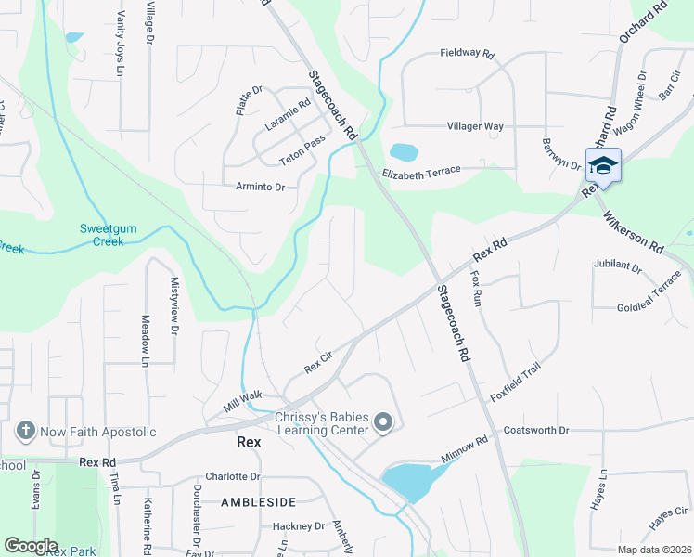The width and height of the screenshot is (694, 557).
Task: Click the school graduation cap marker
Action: tap(603, 166)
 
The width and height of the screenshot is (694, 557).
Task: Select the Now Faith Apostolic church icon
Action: tap(26, 432)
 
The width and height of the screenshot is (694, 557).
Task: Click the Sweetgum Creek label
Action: tap(102, 235)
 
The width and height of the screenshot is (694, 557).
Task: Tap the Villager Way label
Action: tap(475, 126)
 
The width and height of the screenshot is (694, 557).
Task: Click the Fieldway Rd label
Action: tap(467, 53)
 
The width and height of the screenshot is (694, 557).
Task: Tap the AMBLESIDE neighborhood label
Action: tap(258, 502)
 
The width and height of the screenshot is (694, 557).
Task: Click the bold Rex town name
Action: tap(249, 443)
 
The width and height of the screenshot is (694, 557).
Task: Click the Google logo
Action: tap(31, 546)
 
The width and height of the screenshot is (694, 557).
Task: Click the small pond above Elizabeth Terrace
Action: tap(404, 151)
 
